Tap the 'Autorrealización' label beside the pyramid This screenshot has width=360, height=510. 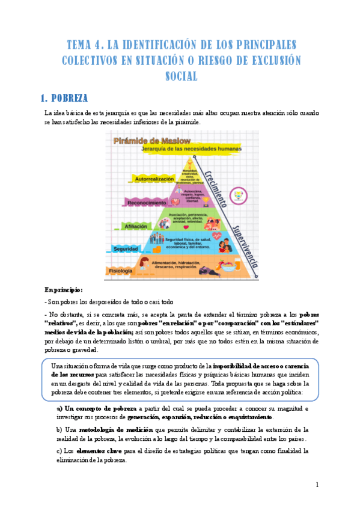pos(151,179)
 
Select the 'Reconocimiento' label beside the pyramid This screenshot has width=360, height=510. pos(145,202)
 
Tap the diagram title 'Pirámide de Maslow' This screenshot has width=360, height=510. pos(148,141)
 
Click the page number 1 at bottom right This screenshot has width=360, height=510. pos(317,484)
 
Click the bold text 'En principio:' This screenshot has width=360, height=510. pos(64,289)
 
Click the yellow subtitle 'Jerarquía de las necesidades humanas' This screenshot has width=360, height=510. pos(191,149)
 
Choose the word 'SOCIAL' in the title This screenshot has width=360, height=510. pos(180,76)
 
